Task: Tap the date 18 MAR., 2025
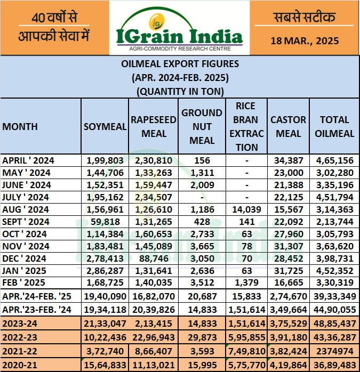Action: pyautogui.click(x=305, y=40)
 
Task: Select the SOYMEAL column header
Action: pyautogui.click(x=105, y=127)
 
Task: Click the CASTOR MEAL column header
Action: pyautogui.click(x=289, y=127)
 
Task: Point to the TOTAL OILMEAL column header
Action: pyautogui.click(x=334, y=127)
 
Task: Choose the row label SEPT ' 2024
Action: pyautogui.click(x=27, y=222)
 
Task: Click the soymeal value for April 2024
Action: pyautogui.click(x=105, y=160)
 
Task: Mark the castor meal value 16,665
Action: pyautogui.click(x=289, y=283)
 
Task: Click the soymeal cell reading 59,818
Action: pyautogui.click(x=105, y=222)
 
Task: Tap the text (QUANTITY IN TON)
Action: pyautogui.click(x=180, y=91)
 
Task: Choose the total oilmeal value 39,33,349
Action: pyautogui.click(x=334, y=296)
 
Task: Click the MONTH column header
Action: pyautogui.click(x=20, y=127)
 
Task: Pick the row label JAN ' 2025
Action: pyautogui.click(x=26, y=271)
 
